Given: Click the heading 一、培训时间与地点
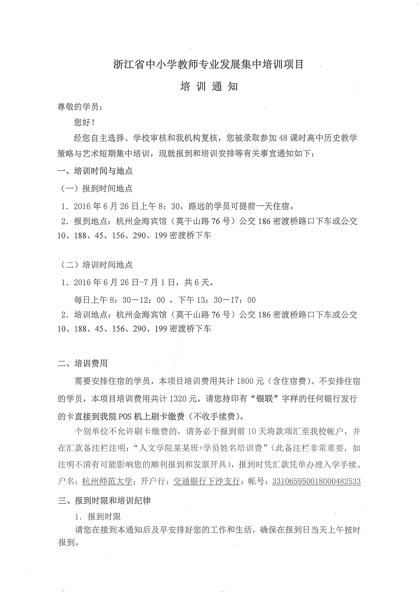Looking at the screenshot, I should click(x=95, y=171).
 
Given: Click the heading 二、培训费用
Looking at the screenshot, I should click(x=83, y=363).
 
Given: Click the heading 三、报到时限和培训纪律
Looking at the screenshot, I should click(x=104, y=501).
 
